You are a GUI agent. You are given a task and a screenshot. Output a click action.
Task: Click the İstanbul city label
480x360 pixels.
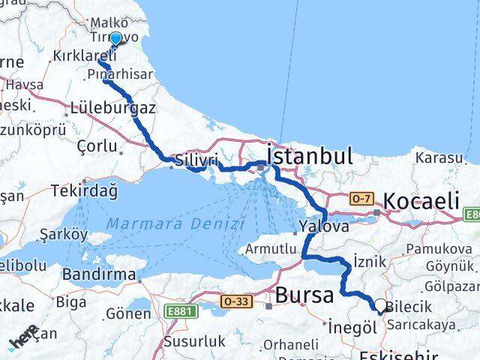coord(310,157)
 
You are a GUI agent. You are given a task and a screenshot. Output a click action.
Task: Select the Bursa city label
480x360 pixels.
coord(304,295)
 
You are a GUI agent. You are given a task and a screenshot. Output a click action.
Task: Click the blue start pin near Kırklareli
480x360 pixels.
coord(115,40)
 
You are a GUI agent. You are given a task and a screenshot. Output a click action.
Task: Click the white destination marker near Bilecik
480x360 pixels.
coord(381,306)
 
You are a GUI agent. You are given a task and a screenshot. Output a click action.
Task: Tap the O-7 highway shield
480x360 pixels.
coord(361,199)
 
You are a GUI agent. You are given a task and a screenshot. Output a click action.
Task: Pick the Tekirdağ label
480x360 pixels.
coord(84,190)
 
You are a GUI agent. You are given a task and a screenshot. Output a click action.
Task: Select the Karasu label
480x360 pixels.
coord(439,157)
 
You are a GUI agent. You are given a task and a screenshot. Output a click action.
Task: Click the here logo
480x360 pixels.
coord(24,339)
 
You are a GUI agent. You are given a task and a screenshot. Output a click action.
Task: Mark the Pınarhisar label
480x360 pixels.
coord(119,75)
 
